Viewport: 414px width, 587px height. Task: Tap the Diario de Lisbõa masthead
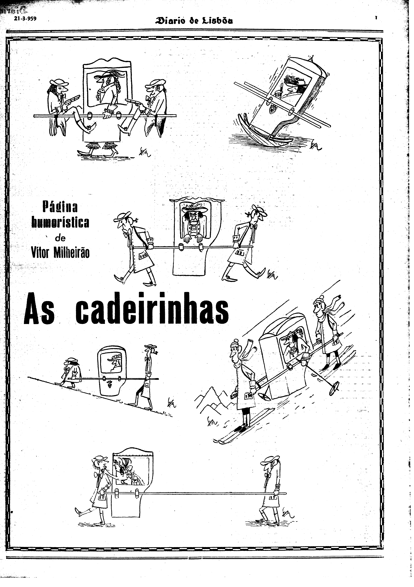point(195,20)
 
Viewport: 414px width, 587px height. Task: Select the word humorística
point(60,222)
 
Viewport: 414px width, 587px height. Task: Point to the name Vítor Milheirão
point(60,253)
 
